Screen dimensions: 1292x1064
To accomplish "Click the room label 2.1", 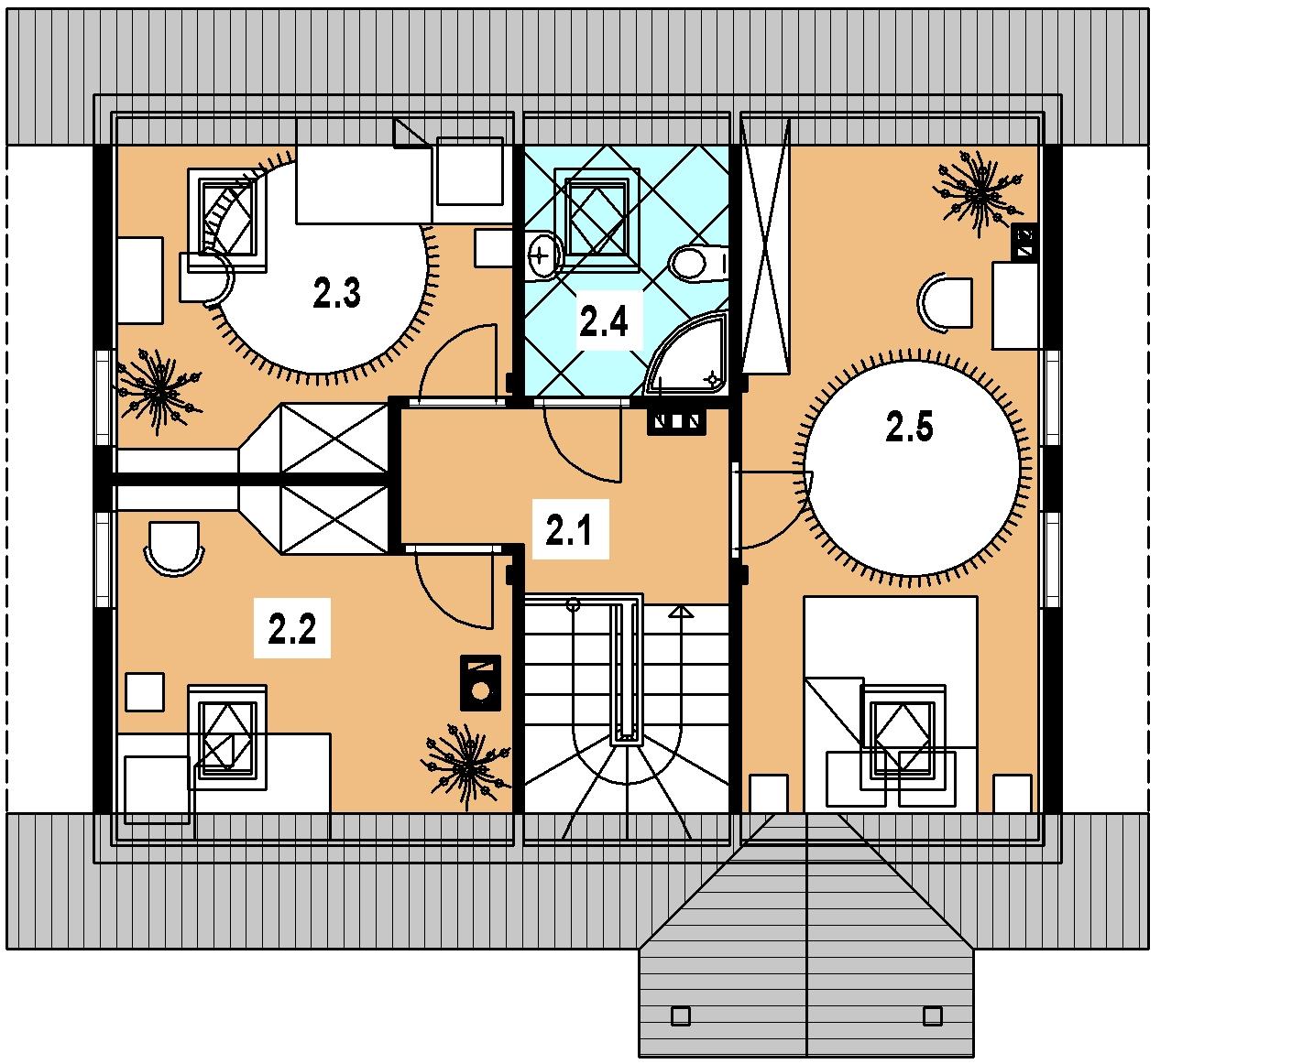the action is (569, 530).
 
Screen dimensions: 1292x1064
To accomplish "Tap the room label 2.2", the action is (292, 629).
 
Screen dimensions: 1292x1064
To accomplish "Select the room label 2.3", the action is (336, 292).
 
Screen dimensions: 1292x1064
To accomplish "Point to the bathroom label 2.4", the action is (603, 320).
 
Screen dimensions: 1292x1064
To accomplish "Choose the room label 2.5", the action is (909, 427).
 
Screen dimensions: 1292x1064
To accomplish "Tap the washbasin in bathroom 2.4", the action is (543, 255).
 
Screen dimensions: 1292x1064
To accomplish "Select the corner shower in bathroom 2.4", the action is (687, 354).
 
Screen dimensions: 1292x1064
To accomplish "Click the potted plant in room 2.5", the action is (980, 192).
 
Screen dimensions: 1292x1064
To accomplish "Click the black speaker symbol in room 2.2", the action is (480, 682).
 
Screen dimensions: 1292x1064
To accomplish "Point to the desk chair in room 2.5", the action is (945, 303).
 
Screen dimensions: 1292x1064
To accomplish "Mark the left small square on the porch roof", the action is (681, 1016).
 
